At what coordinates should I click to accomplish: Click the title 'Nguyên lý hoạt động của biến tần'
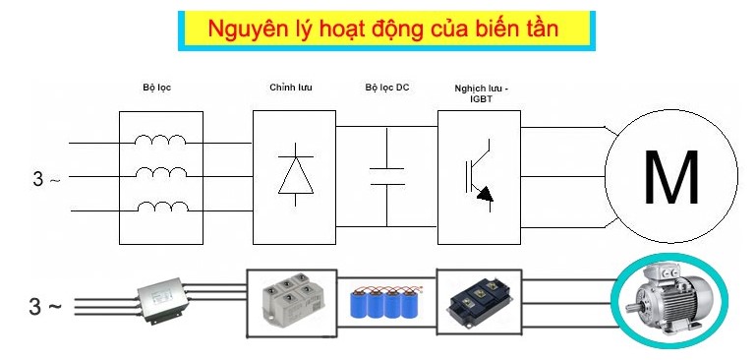tap(383, 30)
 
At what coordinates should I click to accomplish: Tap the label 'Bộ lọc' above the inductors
tap(158, 88)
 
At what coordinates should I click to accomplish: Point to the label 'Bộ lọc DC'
tap(386, 88)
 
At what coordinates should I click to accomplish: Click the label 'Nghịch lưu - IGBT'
tap(482, 92)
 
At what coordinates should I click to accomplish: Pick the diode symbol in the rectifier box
tap(294, 174)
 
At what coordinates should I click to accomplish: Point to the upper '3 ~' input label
tap(46, 179)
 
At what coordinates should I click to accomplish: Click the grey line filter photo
tap(163, 299)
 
